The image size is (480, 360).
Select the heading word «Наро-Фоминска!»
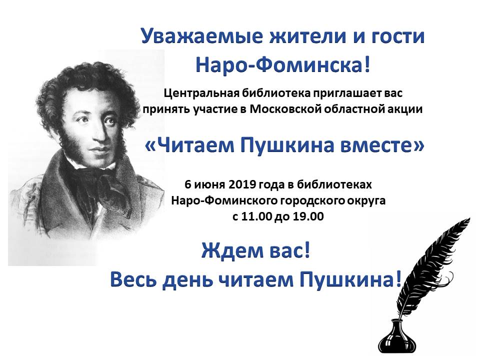tap(283, 65)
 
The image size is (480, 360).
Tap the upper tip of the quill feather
tap(469, 218)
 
